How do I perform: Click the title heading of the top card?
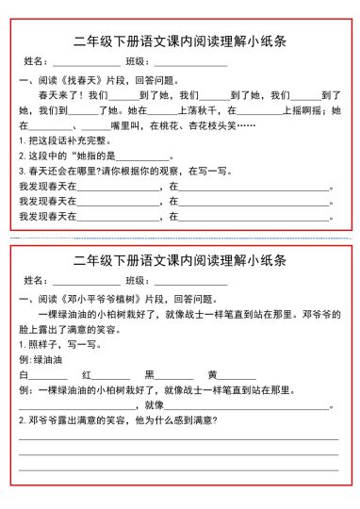point(180,41)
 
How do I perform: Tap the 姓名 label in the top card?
point(36,62)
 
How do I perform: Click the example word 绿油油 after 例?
point(47,359)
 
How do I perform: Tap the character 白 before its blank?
point(24,374)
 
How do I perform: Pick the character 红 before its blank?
point(87,374)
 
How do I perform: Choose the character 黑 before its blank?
point(149,374)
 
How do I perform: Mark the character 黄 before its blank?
point(212,374)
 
